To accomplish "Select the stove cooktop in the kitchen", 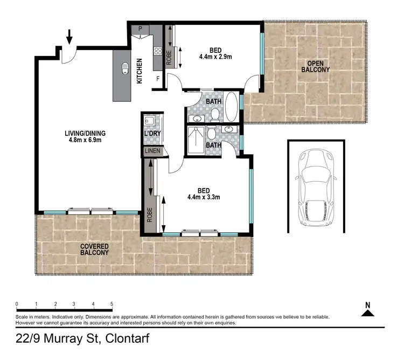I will (158, 52).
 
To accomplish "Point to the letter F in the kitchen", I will (158, 79).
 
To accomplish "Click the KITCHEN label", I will (140, 71).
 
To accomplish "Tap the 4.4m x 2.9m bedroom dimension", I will (215, 56).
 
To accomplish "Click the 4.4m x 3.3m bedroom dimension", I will (204, 197).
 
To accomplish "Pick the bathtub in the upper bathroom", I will (230, 107).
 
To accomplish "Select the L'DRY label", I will (150, 133).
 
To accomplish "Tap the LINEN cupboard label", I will (152, 151).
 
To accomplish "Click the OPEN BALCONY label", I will (315, 66).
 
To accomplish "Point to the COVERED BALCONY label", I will (95, 249).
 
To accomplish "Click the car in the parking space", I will (316, 186).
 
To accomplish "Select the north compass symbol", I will (368, 310).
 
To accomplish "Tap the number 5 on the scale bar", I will (112, 304).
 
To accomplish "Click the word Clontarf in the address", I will (128, 339).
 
